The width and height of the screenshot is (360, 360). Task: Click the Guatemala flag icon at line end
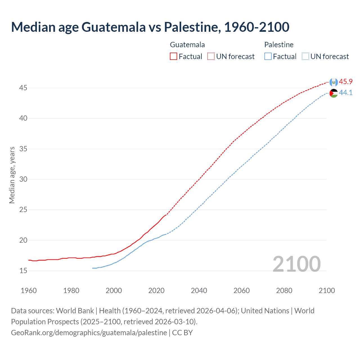pyautogui.click(x=334, y=82)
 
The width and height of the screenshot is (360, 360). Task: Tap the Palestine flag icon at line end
pyautogui.click(x=334, y=93)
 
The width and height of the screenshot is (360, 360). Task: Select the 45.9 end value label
pyautogui.click(x=346, y=82)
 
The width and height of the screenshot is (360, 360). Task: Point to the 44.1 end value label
pyautogui.click(x=346, y=93)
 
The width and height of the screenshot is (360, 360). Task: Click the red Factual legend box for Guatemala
pyautogui.click(x=174, y=57)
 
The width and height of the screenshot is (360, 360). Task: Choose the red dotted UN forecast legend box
pyautogui.click(x=211, y=57)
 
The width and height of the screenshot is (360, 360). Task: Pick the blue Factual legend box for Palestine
pyautogui.click(x=268, y=57)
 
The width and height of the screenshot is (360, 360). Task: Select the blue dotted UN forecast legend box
pyautogui.click(x=305, y=57)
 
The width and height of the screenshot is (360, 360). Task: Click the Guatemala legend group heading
pyautogui.click(x=187, y=45)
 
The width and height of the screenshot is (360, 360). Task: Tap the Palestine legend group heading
pyautogui.click(x=279, y=45)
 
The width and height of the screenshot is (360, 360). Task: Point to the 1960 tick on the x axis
pyautogui.click(x=29, y=291)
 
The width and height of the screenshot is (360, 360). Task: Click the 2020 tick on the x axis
pyautogui.click(x=156, y=291)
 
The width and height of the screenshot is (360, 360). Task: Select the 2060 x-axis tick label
pyautogui.click(x=242, y=291)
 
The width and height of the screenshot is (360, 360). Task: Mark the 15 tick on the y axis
pyautogui.click(x=23, y=271)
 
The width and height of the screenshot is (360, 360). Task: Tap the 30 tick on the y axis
pyautogui.click(x=23, y=179)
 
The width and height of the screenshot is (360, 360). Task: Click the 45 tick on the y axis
pyautogui.click(x=23, y=88)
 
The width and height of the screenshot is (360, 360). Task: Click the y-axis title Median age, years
pyautogui.click(x=12, y=175)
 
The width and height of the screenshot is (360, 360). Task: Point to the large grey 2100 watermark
pyautogui.click(x=296, y=264)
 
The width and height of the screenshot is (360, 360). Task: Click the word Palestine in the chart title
pyautogui.click(x=191, y=27)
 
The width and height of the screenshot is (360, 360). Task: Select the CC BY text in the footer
pyautogui.click(x=182, y=333)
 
